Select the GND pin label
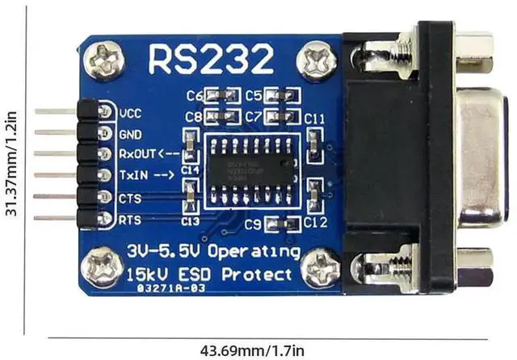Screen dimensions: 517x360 coord(131,133)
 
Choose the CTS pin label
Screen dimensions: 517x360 coord(130,197)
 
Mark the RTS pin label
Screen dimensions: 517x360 coord(130,218)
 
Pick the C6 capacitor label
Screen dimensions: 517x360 coord(195,95)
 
